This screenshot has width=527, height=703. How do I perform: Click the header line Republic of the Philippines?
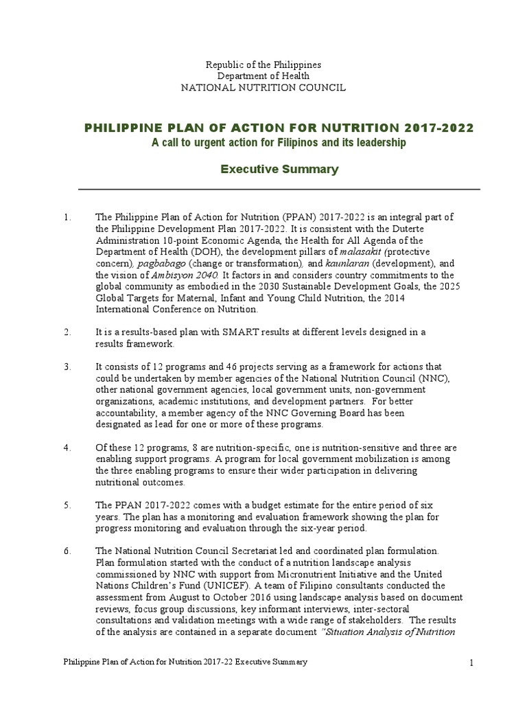(x=263, y=65)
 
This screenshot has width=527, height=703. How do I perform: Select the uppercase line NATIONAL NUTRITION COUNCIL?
(x=263, y=87)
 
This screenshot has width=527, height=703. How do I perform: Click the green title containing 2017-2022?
(x=278, y=128)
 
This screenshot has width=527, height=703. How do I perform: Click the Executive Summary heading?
(x=279, y=170)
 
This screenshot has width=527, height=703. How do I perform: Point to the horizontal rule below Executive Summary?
(x=279, y=189)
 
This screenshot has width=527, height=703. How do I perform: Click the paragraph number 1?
(x=67, y=218)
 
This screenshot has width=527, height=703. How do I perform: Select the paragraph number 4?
(x=67, y=448)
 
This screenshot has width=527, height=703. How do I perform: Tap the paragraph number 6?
(x=67, y=551)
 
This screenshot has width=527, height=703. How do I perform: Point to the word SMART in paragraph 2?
(x=236, y=332)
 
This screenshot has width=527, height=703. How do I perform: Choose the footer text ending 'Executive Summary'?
(x=185, y=662)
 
